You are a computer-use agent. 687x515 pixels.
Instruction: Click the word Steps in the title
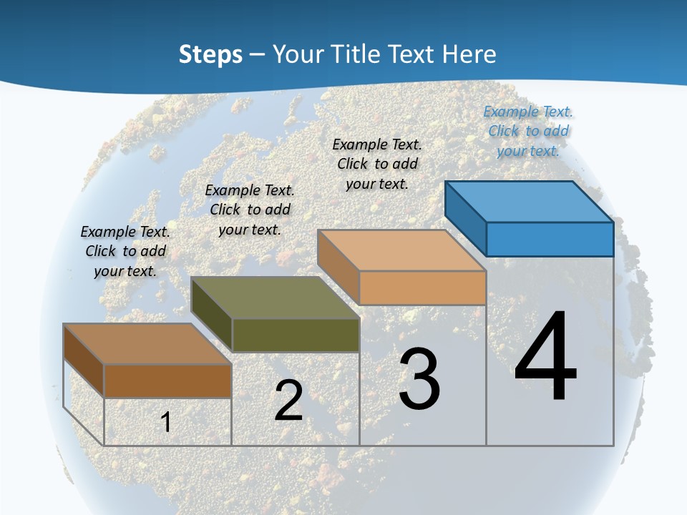pyautogui.click(x=210, y=54)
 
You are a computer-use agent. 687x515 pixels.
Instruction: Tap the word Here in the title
pyautogui.click(x=469, y=54)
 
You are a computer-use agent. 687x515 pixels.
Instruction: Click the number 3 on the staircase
pyautogui.click(x=419, y=378)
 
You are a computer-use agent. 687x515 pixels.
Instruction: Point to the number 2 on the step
pyautogui.click(x=288, y=400)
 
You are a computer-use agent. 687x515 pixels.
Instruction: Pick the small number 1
pyautogui.click(x=165, y=422)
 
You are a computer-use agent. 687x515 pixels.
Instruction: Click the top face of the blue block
pyautogui.click(x=530, y=201)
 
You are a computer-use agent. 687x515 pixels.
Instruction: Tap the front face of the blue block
pyautogui.click(x=550, y=239)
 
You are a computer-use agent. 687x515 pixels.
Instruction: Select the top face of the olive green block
pyautogui.click(x=276, y=297)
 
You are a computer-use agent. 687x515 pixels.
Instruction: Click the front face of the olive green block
pyautogui.click(x=296, y=335)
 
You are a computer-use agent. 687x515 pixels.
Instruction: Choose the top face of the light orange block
pyautogui.click(x=401, y=250)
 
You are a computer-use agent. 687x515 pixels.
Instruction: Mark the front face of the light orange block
pyautogui.click(x=422, y=288)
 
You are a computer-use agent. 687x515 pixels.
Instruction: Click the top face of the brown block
pyautogui.click(x=147, y=344)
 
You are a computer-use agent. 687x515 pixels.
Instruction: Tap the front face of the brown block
pyautogui.click(x=167, y=381)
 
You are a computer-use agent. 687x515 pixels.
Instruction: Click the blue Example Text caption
pyautogui.click(x=528, y=131)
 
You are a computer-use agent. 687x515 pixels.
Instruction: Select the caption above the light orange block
pyautogui.click(x=377, y=164)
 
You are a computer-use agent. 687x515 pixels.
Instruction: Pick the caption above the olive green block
pyautogui.click(x=250, y=210)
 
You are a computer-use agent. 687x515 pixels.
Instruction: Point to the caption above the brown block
pyautogui.click(x=125, y=251)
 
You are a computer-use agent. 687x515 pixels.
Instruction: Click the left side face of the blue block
pyautogui.click(x=466, y=217)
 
